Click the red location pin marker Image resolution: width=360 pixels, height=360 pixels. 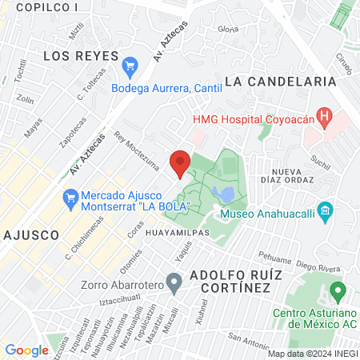tap(180, 162)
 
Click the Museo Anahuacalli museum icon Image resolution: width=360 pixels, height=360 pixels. tap(325, 213)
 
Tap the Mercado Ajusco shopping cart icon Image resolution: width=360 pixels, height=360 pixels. tap(70, 196)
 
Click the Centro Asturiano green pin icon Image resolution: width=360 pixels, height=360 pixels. tap(338, 291)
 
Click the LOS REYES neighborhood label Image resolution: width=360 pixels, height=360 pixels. tap(76, 56)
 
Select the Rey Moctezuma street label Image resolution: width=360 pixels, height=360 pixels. tap(138, 151)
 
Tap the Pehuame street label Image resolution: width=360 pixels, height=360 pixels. tap(274, 260)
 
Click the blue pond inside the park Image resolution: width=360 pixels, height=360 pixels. tap(226, 194)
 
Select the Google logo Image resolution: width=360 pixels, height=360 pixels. tap(26, 350)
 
